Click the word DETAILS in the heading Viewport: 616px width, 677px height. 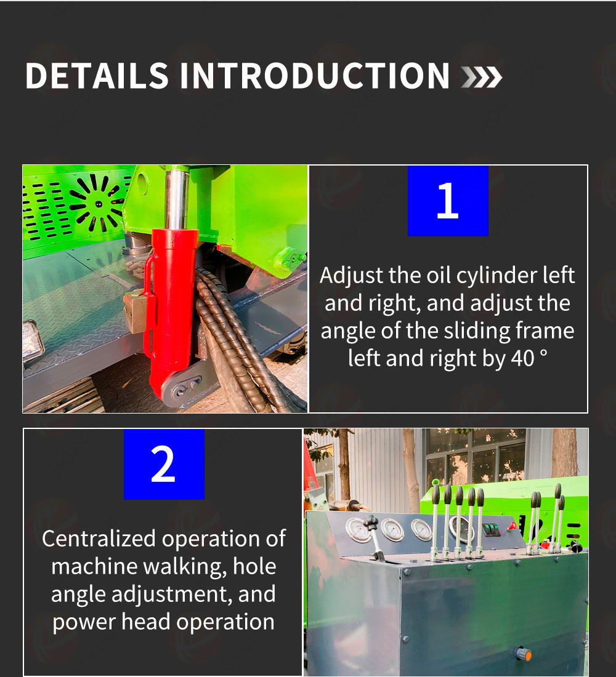[x=97, y=76]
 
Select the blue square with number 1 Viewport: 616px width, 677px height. [x=448, y=201]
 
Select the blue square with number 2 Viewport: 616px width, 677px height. [x=164, y=464]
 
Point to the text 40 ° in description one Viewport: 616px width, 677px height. [x=530, y=358]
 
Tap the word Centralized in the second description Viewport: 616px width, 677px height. [x=99, y=539]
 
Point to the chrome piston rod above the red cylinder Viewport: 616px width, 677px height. [x=177, y=199]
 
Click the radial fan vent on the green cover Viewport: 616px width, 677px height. [x=98, y=202]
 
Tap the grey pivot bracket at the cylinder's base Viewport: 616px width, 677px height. [x=184, y=387]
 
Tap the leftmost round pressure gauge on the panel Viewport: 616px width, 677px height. [x=359, y=530]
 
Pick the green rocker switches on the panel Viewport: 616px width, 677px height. [x=491, y=530]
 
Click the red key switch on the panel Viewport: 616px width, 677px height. [x=513, y=526]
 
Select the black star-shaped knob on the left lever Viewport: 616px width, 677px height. [x=370, y=522]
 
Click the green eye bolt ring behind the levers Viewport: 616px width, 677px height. [x=436, y=482]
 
